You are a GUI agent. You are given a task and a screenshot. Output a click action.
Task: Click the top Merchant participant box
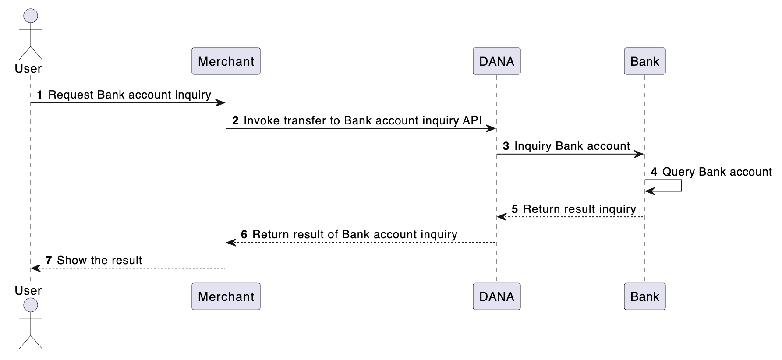point(226,61)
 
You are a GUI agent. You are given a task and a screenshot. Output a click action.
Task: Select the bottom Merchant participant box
point(226,296)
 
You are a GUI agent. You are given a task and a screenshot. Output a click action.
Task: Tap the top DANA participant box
point(496,61)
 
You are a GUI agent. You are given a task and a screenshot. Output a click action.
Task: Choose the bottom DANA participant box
point(496,296)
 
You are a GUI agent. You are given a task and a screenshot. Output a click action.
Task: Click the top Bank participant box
point(644,61)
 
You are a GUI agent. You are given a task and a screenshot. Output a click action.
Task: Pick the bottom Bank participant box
point(644,296)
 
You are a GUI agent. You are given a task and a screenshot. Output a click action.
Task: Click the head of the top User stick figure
point(30,16)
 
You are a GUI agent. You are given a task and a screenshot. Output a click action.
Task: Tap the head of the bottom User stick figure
point(30,305)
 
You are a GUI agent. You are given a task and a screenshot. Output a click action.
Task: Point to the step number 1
point(40,95)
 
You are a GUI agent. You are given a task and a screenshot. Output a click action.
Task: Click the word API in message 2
point(472,120)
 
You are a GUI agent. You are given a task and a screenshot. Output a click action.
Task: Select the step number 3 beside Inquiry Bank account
point(506,146)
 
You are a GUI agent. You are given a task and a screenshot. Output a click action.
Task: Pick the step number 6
point(244,235)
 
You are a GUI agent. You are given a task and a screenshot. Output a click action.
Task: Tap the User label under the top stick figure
point(28,69)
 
